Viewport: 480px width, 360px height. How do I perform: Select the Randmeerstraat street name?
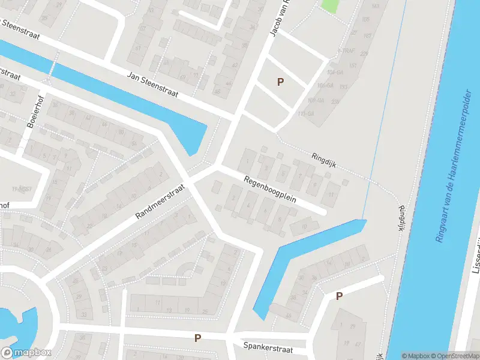pos(160,201)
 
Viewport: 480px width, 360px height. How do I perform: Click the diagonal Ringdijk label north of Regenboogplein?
pos(324,159)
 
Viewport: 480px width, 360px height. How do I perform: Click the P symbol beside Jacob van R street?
pos(280,82)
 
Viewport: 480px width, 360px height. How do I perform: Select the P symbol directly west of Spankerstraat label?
pos(197,338)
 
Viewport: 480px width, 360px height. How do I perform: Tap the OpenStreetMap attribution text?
pos(455,355)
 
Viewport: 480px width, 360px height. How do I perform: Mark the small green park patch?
pos(329,5)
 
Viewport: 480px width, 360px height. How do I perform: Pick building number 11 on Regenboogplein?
pos(332,195)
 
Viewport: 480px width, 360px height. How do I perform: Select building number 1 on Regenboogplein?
pos(247,161)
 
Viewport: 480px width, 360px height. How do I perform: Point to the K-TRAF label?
pos(347,51)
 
